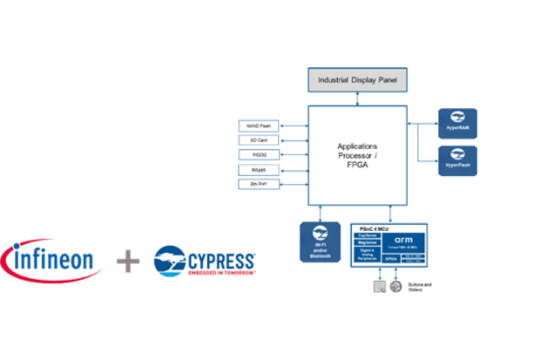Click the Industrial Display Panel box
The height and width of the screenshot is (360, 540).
(x=358, y=80)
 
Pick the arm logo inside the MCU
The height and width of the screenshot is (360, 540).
(x=403, y=239)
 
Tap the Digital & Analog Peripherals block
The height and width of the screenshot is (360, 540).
(x=367, y=255)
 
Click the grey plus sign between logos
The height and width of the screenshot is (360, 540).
(x=128, y=261)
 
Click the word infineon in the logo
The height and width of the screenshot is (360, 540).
(x=57, y=261)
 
